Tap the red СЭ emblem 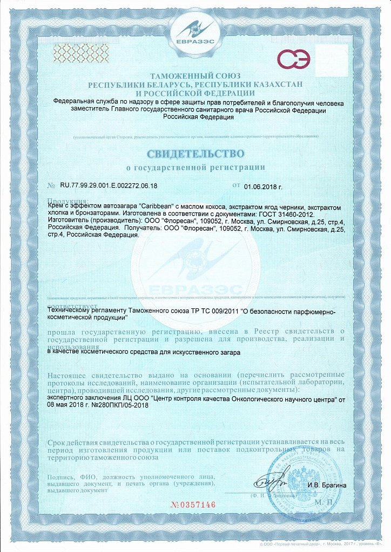pyautogui.click(x=294, y=59)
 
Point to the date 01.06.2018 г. pyautogui.click(x=263, y=187)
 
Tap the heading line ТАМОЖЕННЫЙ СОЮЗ pyautogui.click(x=195, y=76)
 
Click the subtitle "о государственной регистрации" pyautogui.click(x=195, y=168)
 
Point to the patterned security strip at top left pyautogui.click(x=74, y=51)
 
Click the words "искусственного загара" pyautogui.click(x=207, y=351)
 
